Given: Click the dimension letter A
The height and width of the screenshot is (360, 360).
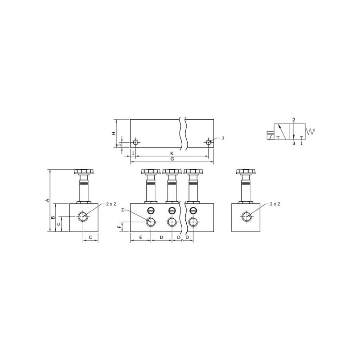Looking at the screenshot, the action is click(x=48, y=200).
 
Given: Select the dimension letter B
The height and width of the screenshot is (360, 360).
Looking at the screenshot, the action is click(x=53, y=217).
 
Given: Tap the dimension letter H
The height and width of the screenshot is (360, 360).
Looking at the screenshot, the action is click(x=113, y=133).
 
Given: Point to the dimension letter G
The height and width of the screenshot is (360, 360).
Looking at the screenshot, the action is click(x=172, y=159).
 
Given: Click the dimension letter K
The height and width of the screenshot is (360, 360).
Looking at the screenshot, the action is click(x=172, y=153).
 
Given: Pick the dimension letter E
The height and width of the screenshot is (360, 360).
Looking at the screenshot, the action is click(x=140, y=237).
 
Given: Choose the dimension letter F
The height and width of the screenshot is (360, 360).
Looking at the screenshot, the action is click(x=119, y=227).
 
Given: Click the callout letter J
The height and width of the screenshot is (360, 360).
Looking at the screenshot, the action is click(x=222, y=138).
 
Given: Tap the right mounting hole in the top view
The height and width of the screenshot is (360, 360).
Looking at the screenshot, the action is click(x=208, y=142).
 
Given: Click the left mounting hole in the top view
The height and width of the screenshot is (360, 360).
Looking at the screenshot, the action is click(x=136, y=142).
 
